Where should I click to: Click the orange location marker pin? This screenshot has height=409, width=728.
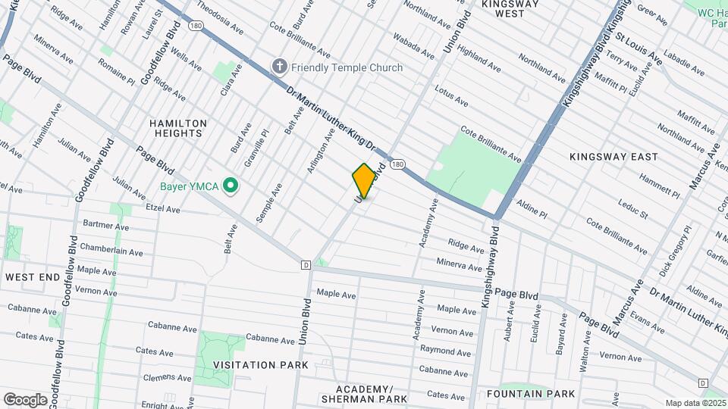tap(364, 181)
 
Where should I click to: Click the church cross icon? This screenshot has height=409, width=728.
tap(279, 67)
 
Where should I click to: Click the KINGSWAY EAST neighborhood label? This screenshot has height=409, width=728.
tap(613, 157)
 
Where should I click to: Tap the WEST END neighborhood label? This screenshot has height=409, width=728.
tap(33, 278)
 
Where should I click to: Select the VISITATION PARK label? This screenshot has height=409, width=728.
tap(260, 365)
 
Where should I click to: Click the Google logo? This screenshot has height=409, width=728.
tap(25, 399)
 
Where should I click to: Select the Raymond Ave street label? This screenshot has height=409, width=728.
tap(446, 351)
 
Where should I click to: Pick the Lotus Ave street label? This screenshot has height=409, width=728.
tap(451, 95)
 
